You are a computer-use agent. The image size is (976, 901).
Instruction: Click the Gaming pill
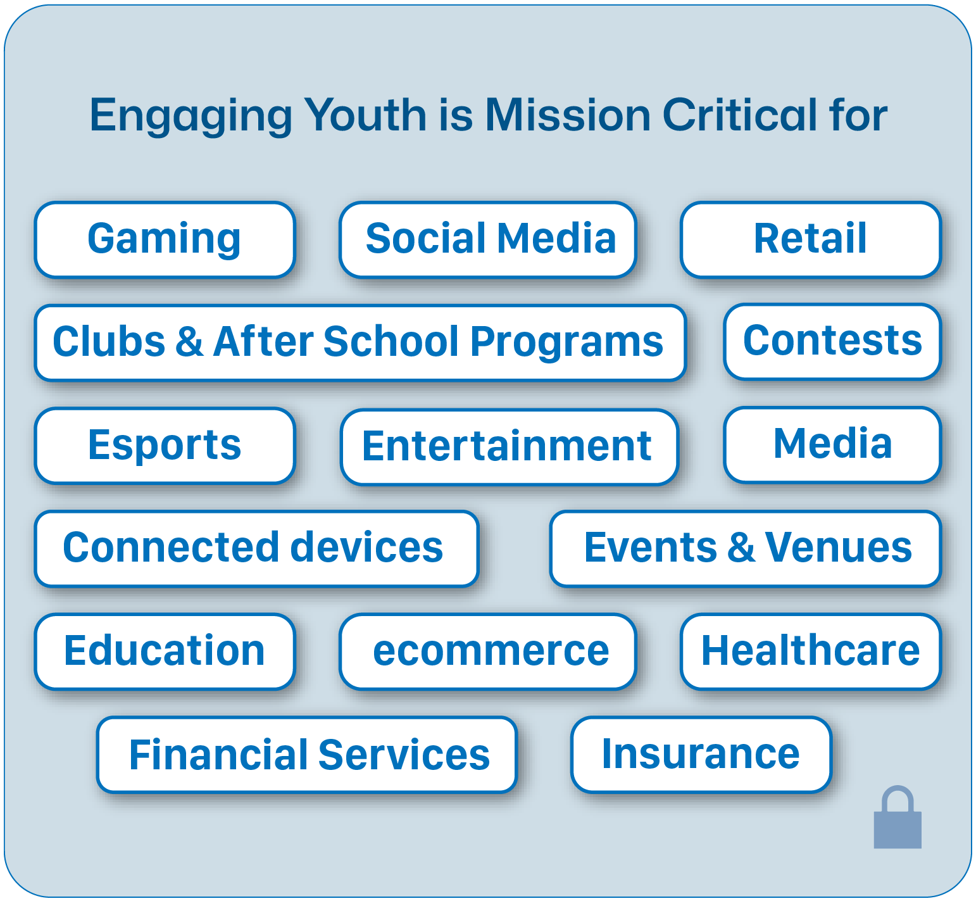[165, 239]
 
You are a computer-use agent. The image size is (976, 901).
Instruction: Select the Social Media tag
[488, 239]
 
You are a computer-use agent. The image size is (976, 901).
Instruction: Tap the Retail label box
[811, 239]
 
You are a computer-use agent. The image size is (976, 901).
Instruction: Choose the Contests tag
[832, 341]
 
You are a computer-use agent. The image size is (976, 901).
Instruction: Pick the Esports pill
[165, 445]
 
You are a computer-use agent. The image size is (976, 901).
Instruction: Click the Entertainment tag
[509, 446]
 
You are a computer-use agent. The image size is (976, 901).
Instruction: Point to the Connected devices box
[256, 548]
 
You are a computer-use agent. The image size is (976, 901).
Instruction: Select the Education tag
[165, 651]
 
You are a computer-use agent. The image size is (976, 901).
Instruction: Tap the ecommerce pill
[488, 651]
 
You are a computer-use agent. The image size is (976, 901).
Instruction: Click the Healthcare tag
[811, 651]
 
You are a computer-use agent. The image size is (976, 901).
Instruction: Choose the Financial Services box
[308, 754]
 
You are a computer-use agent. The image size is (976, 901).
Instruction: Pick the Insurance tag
[701, 754]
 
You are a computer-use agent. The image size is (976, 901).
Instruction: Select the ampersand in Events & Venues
[741, 548]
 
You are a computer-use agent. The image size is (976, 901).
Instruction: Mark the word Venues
[838, 548]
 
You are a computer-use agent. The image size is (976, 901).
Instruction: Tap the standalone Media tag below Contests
[832, 444]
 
